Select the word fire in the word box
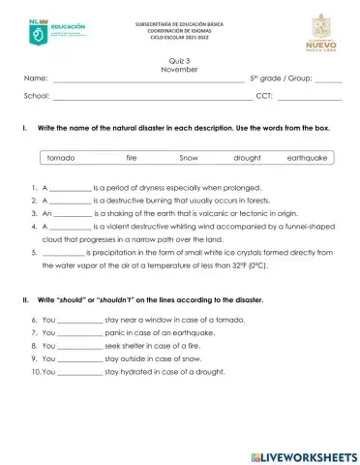132,157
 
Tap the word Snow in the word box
189,157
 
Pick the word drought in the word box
248,157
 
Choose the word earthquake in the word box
308,157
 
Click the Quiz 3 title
180,60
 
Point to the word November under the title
180,69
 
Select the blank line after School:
151,98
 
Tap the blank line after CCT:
309,98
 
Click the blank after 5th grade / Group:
328,78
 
